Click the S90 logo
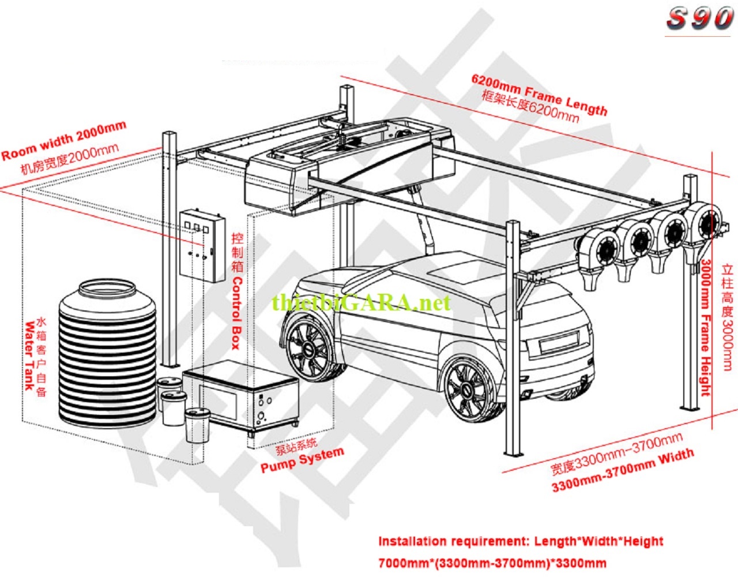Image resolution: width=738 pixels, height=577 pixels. click(699, 18)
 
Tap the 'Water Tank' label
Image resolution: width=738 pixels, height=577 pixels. click(29, 355)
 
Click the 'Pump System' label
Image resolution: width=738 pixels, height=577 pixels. click(302, 460)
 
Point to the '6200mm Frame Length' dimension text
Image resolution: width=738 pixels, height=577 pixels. click(539, 94)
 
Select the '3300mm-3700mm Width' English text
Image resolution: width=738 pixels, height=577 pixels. click(623, 471)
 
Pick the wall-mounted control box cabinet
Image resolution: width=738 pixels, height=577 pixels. click(202, 245)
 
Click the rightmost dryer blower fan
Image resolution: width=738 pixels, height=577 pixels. click(703, 222)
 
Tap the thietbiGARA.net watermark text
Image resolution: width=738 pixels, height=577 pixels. click(362, 302)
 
